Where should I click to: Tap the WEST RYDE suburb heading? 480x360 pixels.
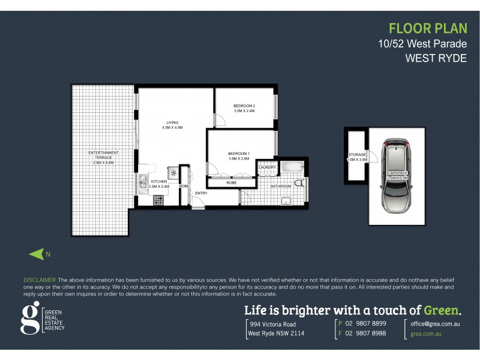(x=436, y=58)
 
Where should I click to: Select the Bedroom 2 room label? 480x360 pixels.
(x=244, y=108)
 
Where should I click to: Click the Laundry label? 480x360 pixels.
(x=268, y=167)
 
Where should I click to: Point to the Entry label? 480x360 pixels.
(x=200, y=193)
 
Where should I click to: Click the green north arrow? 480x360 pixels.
(x=37, y=254)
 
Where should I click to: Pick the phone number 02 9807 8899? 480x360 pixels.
(x=365, y=323)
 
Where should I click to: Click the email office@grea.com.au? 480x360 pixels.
(x=435, y=323)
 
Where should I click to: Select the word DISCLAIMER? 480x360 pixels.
(x=40, y=280)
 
